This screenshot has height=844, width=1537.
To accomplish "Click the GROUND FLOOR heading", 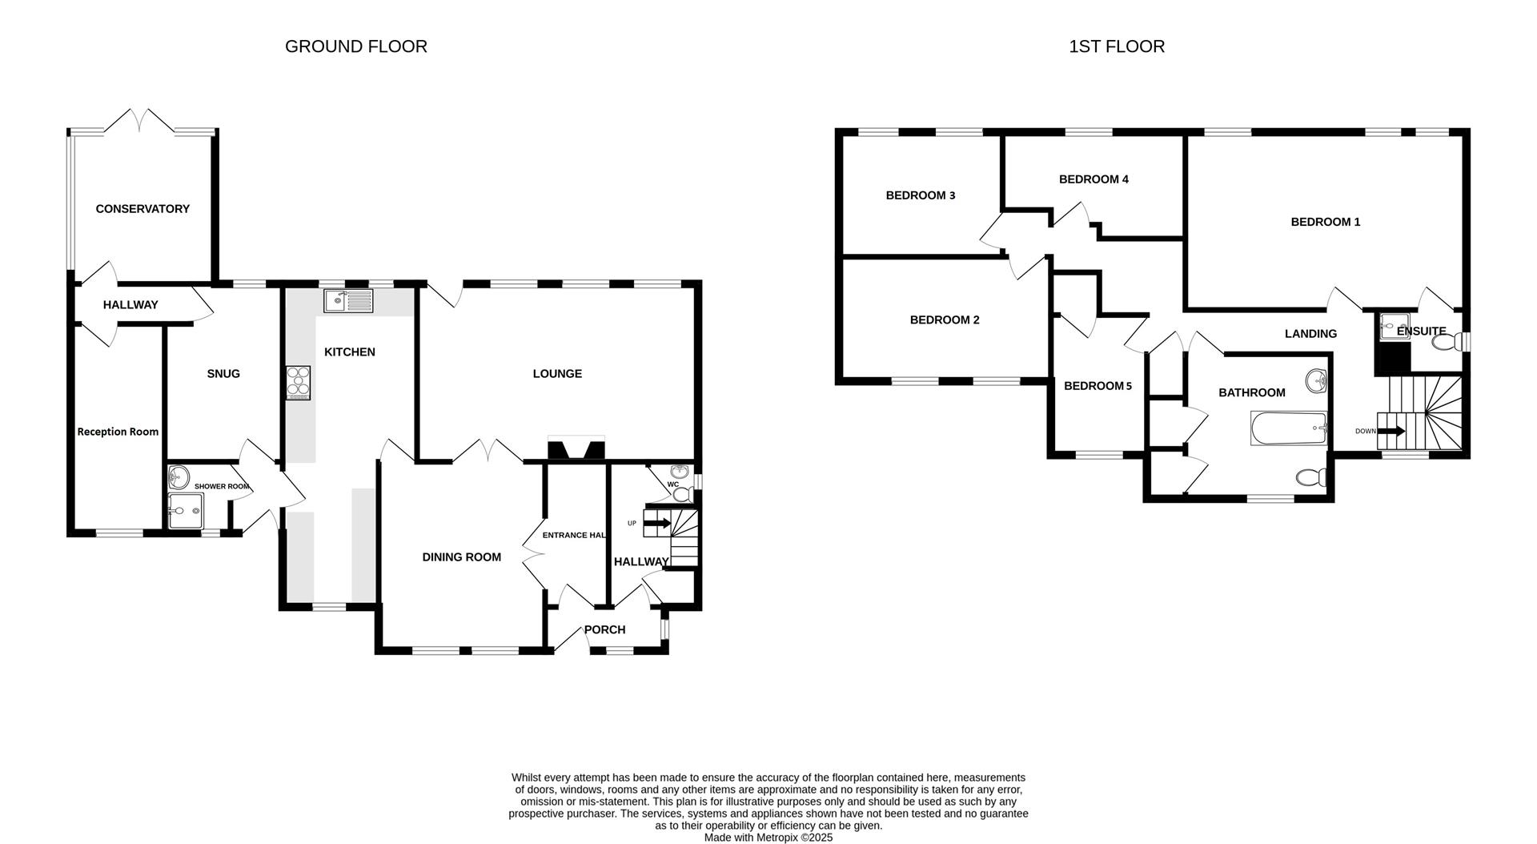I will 355,46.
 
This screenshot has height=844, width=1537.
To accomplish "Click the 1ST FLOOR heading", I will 1116,46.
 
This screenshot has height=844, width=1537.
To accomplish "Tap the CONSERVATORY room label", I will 142,209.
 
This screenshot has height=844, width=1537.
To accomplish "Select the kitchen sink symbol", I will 348,301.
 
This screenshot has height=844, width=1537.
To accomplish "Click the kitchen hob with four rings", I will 299,382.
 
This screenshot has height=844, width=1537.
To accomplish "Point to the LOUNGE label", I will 557,374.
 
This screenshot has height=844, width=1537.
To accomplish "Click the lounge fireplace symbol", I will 576,448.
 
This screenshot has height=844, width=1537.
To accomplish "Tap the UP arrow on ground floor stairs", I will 656,524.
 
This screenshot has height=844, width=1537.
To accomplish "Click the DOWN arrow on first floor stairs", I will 1391,431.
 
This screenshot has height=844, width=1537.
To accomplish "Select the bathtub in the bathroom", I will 1288,429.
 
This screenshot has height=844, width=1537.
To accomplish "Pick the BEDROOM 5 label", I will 1098,386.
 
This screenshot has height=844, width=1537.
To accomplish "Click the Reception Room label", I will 118,432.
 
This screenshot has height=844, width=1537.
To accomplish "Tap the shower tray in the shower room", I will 187,510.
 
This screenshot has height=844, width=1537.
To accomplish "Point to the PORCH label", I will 604,630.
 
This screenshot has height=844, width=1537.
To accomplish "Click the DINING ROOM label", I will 461,557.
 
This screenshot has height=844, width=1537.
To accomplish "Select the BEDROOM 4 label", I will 1094,179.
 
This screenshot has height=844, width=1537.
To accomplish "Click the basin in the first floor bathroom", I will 1315,380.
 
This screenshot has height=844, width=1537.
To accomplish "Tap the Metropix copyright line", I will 768,838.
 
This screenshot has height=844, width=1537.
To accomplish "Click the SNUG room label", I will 223,374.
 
